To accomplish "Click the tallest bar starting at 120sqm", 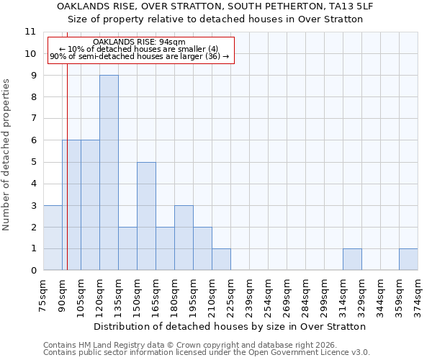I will point(109,173).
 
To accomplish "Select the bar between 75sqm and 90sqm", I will point(53,238).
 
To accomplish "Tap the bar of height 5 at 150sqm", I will point(146,216).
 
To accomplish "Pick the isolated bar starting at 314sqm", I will point(352,259).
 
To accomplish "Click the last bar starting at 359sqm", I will point(408,259).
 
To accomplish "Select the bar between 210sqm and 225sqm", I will point(221,259).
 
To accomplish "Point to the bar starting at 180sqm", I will point(184,238).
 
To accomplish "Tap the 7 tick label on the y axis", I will point(32,119).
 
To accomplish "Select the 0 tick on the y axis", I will point(32,271).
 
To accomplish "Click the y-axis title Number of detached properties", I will point(6,155).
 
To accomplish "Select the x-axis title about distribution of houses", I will point(230,326).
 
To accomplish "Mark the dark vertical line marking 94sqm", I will point(67,173).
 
